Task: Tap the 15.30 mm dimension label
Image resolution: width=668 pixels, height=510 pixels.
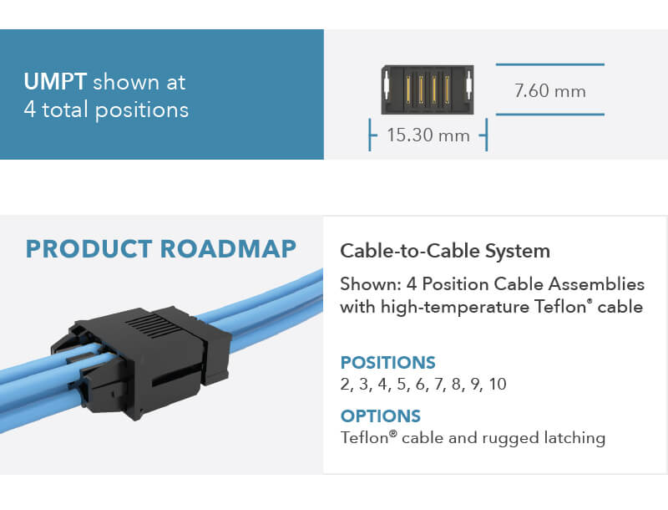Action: (x=428, y=135)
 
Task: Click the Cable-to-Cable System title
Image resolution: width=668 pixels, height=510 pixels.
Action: (x=445, y=251)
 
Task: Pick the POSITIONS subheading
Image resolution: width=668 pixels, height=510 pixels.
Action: (x=387, y=363)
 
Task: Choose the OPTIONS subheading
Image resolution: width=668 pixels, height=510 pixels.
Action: (x=380, y=416)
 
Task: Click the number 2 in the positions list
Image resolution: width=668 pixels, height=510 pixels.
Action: (x=345, y=385)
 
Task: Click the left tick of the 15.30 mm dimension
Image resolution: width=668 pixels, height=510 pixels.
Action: (x=370, y=135)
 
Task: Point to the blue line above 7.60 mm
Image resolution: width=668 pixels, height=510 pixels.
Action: (x=549, y=64)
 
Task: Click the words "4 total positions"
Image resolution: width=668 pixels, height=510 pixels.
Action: (x=106, y=110)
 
